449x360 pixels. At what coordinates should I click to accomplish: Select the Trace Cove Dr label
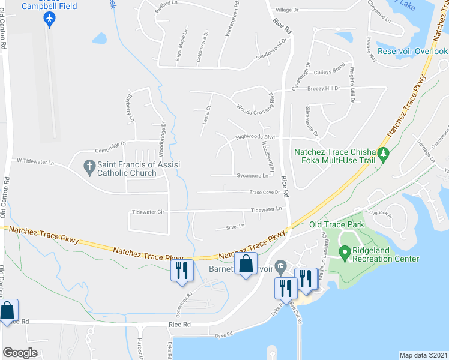[265, 193]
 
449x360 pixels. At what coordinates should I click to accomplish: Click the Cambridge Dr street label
[110, 143]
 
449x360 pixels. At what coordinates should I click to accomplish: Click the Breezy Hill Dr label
[324, 89]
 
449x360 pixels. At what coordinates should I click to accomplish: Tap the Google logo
[20, 352]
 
